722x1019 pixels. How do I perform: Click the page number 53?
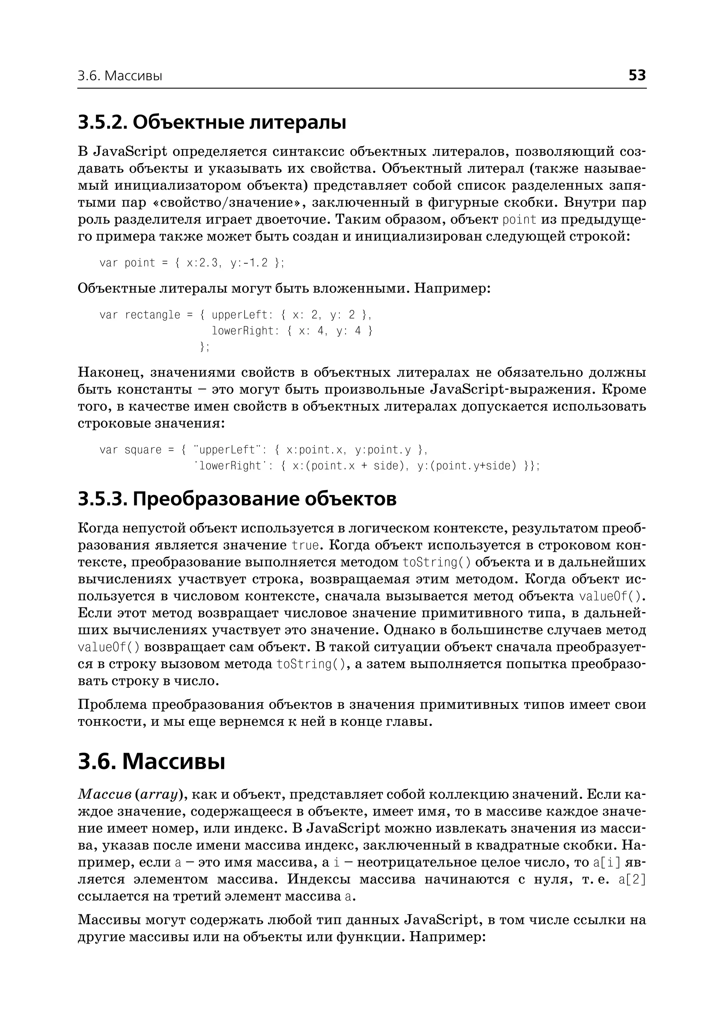[637, 75]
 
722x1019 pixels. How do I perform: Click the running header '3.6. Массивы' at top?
[120, 76]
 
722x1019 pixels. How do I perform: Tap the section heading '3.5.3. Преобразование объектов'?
[237, 499]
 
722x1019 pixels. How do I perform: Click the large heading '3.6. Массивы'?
[152, 761]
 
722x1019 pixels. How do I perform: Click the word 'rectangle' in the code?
[153, 315]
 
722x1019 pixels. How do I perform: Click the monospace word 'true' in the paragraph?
[305, 545]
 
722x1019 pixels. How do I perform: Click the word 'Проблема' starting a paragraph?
[111, 704]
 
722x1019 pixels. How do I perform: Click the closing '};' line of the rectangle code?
[204, 347]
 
